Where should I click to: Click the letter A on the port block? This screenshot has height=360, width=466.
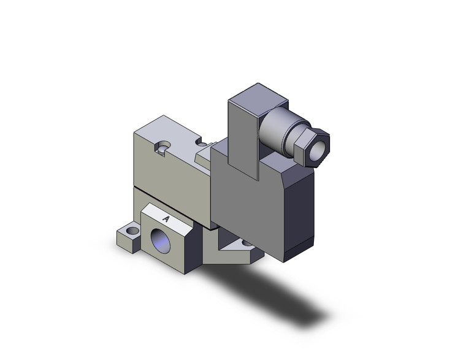pos(166,218)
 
